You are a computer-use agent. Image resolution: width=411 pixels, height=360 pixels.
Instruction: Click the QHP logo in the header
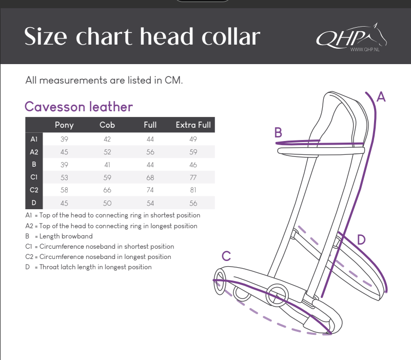pos(351,37)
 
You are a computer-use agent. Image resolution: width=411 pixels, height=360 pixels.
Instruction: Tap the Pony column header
pos(64,125)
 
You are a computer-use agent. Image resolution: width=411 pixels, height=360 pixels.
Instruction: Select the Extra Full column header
pos(193,125)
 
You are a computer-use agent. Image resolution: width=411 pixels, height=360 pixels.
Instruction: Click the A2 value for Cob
pos(107,152)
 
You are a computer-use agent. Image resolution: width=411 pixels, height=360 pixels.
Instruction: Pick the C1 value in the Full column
pos(150,177)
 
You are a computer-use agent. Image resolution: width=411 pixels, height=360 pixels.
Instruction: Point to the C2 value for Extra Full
pos(193,190)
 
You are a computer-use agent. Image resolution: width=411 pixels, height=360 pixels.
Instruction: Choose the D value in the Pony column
pos(64,203)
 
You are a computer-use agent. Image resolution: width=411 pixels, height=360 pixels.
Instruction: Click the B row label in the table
pos(34,164)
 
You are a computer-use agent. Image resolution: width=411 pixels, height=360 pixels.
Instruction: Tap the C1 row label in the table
pos(34,177)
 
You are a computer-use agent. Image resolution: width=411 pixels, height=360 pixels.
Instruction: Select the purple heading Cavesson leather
pos(79,107)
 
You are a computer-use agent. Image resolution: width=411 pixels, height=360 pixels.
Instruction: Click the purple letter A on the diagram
pos(381,97)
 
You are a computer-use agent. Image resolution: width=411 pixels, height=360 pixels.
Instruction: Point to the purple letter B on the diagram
pos(278,132)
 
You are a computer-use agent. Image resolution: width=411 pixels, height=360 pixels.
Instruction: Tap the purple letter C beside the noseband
pos(226,256)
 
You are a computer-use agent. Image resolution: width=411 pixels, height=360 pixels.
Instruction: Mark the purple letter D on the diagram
pos(361,239)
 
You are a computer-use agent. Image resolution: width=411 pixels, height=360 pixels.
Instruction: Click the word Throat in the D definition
pos(49,267)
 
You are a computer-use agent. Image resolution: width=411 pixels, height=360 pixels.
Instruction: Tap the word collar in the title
pos(231,36)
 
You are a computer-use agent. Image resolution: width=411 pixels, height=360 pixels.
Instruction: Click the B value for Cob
pos(107,165)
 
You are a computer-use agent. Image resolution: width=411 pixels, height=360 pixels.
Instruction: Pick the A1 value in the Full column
pos(150,139)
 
